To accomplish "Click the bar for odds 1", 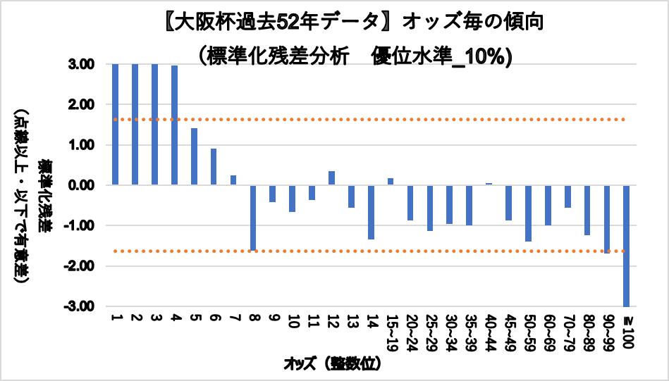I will point(115,124).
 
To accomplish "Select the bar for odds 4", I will point(174,125).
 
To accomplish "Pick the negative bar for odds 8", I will point(253,218).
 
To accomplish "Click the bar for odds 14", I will point(371,212).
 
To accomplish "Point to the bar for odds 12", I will point(331,178).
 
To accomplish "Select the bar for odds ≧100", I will point(626,246).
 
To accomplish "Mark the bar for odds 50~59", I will point(528,213).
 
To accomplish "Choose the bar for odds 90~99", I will point(606,219).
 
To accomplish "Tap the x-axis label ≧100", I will point(627,331).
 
